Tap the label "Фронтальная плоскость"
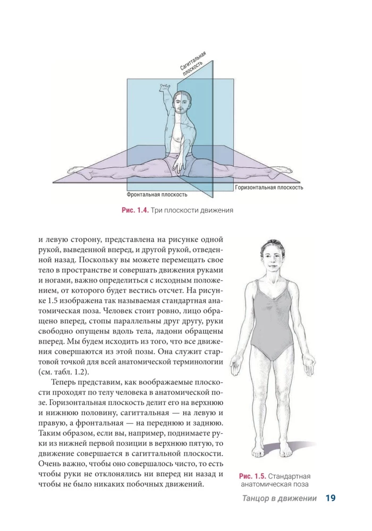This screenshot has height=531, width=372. [x=157, y=194]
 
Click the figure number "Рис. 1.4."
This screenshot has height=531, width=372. [x=135, y=210]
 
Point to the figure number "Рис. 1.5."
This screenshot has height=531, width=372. [x=252, y=476]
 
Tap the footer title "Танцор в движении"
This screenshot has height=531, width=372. [x=279, y=499]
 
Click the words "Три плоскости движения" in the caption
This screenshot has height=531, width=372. [x=192, y=210]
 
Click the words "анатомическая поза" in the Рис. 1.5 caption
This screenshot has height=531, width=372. [x=275, y=484]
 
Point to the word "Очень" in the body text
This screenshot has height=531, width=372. [x=50, y=464]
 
